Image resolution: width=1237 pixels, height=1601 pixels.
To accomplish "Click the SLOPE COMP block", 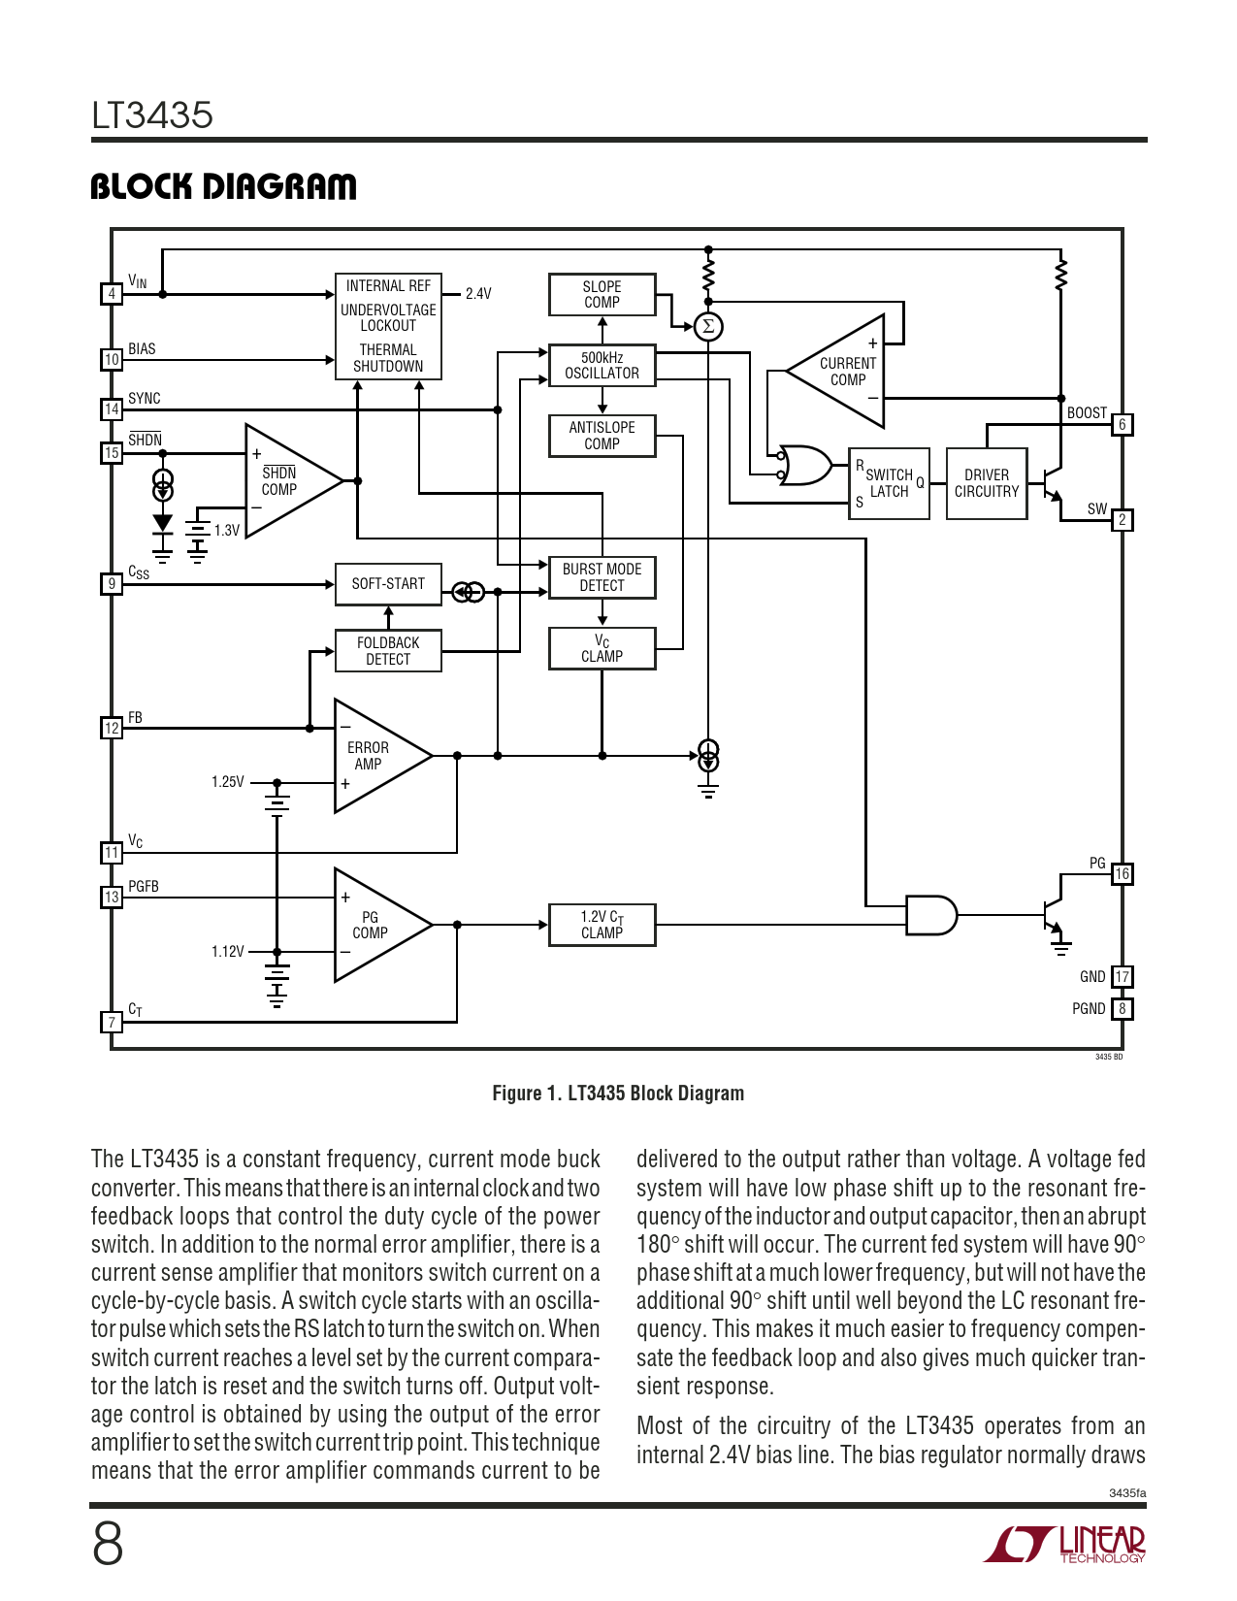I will tap(602, 294).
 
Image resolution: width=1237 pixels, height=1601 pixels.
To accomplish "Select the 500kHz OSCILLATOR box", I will tap(602, 366).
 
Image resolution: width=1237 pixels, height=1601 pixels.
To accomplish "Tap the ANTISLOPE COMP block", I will tap(602, 436).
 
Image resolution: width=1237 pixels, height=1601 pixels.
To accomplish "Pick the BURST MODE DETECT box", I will tap(602, 577).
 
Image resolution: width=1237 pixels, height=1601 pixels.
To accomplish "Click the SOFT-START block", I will tap(388, 584).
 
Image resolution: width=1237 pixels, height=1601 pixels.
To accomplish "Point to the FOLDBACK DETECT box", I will tap(388, 651).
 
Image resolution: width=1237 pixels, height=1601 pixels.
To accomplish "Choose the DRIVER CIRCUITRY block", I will tap(987, 483).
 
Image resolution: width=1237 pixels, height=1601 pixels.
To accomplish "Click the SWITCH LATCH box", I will tap(889, 483).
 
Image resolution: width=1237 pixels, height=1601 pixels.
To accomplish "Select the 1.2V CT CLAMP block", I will tap(602, 925).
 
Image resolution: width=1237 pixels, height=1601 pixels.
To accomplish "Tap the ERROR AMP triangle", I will tap(374, 756).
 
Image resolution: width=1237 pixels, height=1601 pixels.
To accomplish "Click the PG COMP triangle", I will tap(374, 925).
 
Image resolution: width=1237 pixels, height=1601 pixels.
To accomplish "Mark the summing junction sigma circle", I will tap(708, 326).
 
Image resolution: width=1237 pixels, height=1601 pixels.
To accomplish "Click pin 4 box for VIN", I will tap(112, 294).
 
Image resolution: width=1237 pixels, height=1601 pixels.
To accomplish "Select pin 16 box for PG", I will tap(1122, 874).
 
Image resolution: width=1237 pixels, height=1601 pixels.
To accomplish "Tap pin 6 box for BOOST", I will tap(1122, 425).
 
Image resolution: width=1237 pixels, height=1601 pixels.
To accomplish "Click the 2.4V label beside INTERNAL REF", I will tap(478, 294).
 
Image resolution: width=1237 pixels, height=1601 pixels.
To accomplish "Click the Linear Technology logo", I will tap(1064, 1544).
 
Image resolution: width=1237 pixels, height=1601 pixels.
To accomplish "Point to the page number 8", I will tap(108, 1544).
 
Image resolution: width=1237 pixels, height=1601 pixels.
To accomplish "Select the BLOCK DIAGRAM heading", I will tap(223, 186).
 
